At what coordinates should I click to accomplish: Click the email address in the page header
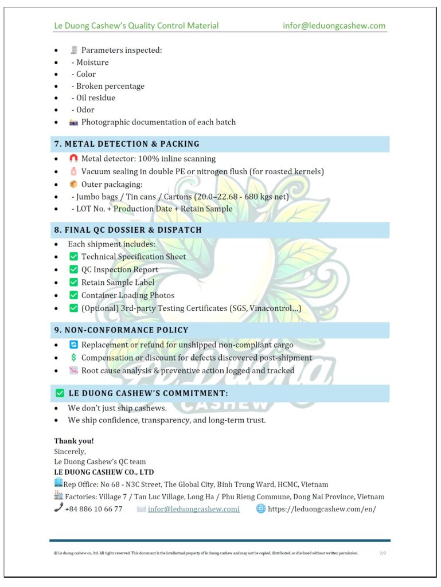pos(334,26)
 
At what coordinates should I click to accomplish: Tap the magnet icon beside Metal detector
pos(73,159)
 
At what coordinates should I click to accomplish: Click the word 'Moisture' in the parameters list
pos(92,62)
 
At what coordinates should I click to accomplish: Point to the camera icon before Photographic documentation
pos(73,122)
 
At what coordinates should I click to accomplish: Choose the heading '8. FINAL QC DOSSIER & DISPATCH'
pos(128,230)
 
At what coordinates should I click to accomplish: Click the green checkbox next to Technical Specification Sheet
pos(73,257)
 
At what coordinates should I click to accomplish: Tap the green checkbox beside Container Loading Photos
pos(73,295)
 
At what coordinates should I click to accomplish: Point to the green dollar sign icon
pos(73,358)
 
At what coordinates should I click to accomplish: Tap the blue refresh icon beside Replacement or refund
pos(73,345)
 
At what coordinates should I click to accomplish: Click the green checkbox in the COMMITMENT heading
pos(60,393)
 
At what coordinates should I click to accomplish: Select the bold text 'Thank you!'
pos(74,441)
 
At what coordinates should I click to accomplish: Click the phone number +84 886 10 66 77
pos(93,509)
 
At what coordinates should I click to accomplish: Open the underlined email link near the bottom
pos(193,509)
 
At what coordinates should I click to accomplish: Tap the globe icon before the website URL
pos(261,508)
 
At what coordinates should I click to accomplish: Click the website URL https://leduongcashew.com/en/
pos(322,509)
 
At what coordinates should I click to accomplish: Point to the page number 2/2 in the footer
pos(383,553)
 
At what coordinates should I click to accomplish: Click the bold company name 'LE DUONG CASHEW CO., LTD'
pos(104,472)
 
